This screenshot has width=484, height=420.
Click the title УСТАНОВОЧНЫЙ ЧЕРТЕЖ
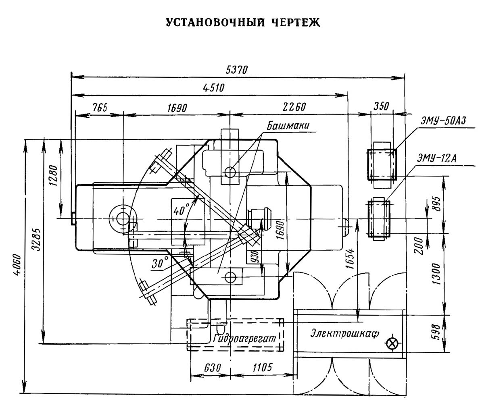coord(243,23)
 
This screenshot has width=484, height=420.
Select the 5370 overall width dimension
coord(237,69)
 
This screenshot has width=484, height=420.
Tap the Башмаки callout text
coord(288,126)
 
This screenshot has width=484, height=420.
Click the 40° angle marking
coord(181,210)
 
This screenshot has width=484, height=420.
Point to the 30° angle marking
coord(160,264)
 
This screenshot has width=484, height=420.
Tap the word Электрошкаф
coord(344,333)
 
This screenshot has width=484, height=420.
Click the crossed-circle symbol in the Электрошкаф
coord(391,343)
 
